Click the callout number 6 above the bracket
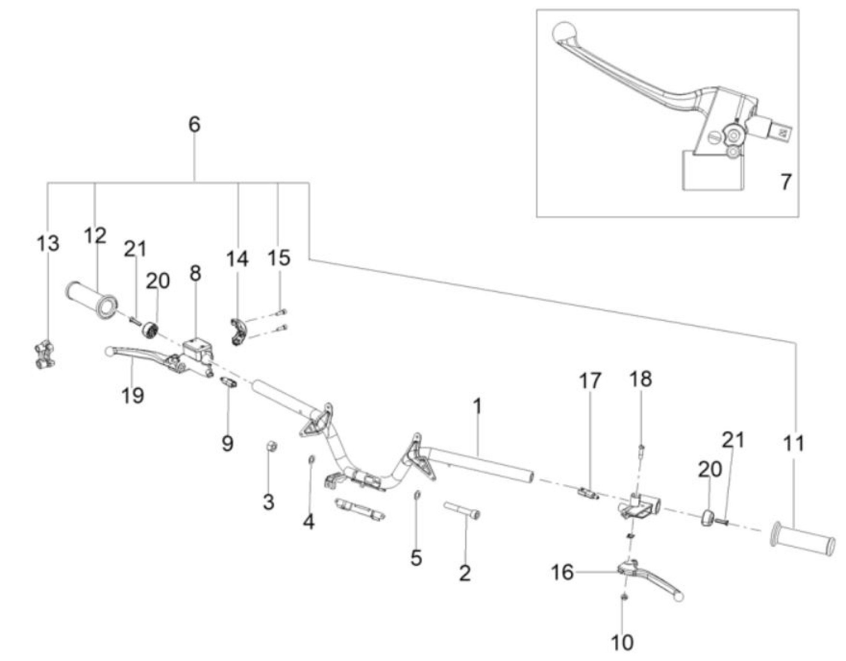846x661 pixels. coord(194,125)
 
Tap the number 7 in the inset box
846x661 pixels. coord(785,182)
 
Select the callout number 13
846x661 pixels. coord(48,244)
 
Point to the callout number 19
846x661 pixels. coord(133,395)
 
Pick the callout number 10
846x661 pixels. coord(622,642)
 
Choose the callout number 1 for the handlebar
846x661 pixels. coord(478,407)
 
